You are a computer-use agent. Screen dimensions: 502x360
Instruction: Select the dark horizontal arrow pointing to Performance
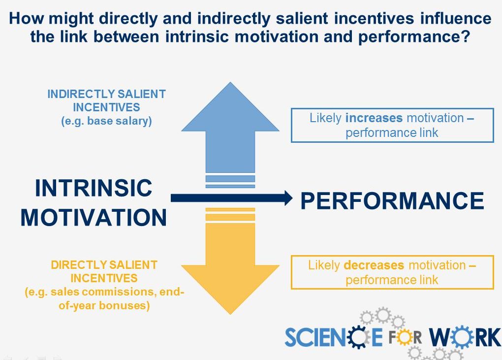pos(231,198)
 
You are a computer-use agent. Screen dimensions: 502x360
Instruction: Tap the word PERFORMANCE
pos(392,201)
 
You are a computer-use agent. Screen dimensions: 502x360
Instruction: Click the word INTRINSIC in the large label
pos(94,188)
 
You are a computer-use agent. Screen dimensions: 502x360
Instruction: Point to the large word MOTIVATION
pos(94,218)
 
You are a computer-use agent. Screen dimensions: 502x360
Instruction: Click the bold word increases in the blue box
pos(374,118)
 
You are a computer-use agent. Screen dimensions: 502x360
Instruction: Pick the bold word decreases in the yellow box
pos(374,265)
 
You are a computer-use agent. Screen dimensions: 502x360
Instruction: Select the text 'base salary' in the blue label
pos(118,121)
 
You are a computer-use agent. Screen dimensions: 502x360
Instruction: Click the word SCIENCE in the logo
pos(333,337)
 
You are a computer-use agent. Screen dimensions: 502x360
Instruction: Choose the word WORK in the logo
pos(465,337)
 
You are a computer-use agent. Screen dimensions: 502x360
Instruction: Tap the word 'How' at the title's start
pos(27,18)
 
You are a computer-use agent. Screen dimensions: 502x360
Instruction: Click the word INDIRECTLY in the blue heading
pos(81,94)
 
